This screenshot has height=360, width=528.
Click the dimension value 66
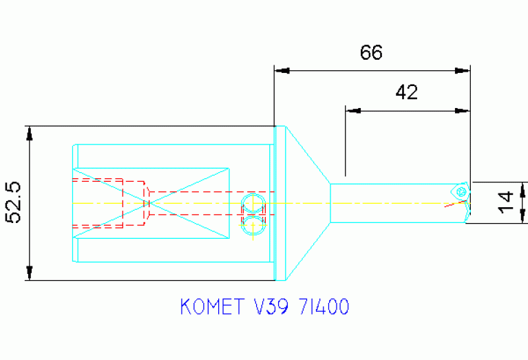pyautogui.click(x=371, y=53)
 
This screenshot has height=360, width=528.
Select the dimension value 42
pyautogui.click(x=406, y=92)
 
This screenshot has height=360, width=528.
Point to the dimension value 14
pyautogui.click(x=507, y=202)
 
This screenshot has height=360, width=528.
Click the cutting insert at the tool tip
pyautogui.click(x=460, y=191)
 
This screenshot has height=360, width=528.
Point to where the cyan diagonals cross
pyautogui.click(x=149, y=202)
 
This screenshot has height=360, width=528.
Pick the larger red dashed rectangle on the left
pyautogui.click(x=98, y=203)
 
